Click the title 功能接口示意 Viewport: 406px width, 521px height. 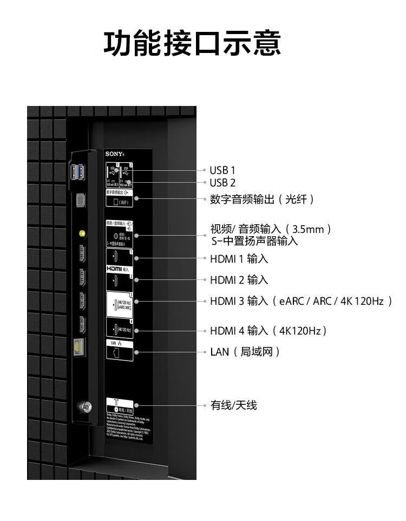(x=192, y=44)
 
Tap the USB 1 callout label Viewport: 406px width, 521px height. (x=222, y=170)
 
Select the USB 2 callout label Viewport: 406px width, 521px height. (x=222, y=183)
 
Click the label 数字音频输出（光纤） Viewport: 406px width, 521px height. (x=262, y=199)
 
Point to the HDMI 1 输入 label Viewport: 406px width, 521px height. (x=239, y=259)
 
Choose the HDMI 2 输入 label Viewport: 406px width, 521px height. (x=239, y=280)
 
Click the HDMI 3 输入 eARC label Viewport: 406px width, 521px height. (x=300, y=301)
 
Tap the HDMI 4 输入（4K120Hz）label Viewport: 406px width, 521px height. (x=269, y=330)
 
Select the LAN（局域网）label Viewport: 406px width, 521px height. (x=245, y=352)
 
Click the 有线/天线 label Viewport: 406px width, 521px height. (x=233, y=405)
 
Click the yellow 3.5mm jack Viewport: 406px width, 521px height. (x=81, y=234)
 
